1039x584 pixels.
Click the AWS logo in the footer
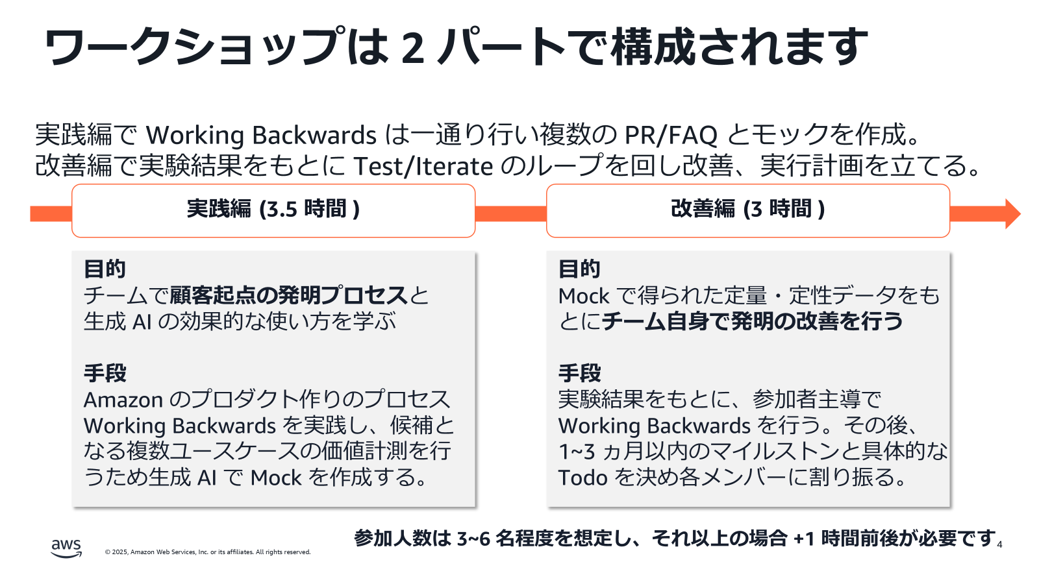(66, 548)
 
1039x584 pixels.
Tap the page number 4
(999, 545)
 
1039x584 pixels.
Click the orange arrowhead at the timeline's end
(1012, 213)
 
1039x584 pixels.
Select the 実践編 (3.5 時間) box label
(273, 209)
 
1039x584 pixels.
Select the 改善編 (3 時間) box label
(747, 209)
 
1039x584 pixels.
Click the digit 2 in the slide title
(413, 48)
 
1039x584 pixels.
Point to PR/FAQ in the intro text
(671, 135)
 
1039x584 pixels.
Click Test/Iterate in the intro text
(423, 166)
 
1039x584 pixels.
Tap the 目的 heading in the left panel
(105, 269)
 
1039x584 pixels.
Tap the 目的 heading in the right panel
(579, 269)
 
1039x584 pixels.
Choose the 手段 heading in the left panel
(105, 373)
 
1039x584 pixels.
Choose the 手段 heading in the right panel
(579, 373)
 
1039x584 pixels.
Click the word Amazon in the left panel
(123, 400)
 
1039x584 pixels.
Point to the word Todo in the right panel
(582, 478)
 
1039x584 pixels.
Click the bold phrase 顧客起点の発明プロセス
(289, 295)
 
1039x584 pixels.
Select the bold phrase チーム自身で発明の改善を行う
(752, 321)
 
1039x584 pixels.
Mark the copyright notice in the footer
(208, 552)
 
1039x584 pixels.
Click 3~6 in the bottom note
(473, 539)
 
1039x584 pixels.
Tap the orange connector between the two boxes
(510, 213)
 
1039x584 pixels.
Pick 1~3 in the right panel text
(577, 452)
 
